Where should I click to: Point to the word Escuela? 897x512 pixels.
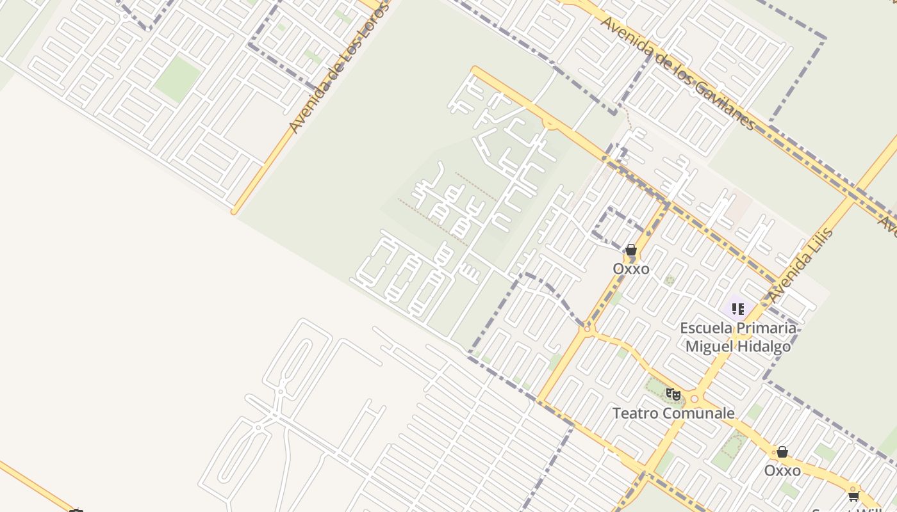(705, 328)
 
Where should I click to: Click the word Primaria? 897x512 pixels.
(766, 328)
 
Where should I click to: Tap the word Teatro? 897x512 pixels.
(636, 413)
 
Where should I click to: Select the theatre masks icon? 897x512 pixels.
(672, 394)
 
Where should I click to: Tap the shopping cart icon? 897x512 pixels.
(853, 496)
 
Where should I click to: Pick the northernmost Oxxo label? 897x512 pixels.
(631, 269)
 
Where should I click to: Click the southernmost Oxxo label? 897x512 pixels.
(782, 471)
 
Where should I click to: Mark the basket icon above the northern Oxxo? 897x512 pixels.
(631, 250)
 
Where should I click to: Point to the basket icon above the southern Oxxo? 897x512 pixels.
(782, 452)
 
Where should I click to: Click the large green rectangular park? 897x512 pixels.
(177, 79)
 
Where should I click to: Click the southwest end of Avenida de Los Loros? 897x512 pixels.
(235, 211)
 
